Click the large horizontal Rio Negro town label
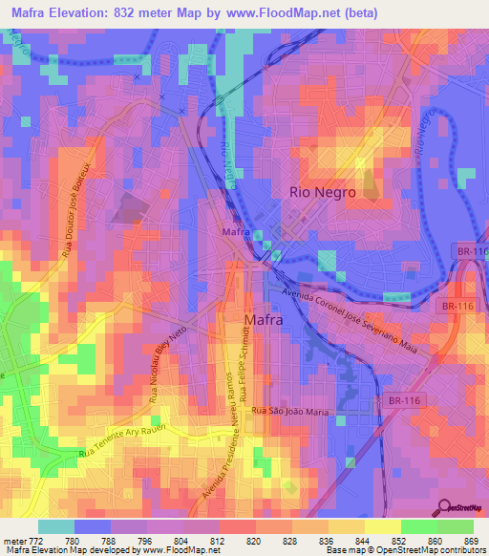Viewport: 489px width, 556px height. click(322, 192)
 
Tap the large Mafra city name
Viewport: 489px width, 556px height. click(263, 321)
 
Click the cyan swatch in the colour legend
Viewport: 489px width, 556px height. click(55, 526)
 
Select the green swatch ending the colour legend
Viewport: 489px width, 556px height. click(455, 526)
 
